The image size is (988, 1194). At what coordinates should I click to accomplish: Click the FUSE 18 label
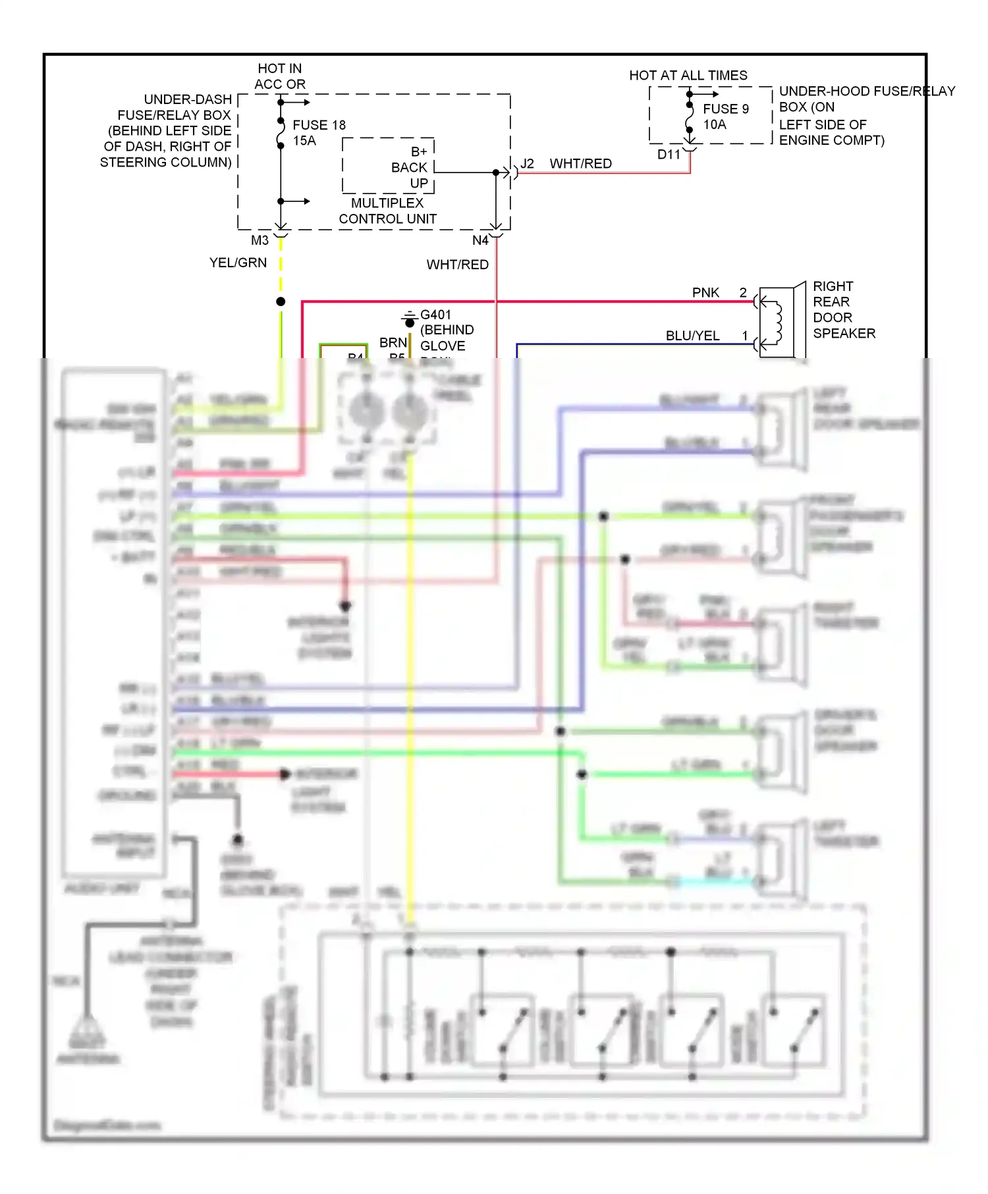point(319,125)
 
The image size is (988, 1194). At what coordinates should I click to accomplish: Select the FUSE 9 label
point(725,109)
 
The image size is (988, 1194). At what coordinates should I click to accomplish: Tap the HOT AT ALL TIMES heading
point(688,76)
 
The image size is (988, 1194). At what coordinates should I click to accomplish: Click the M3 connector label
point(260,240)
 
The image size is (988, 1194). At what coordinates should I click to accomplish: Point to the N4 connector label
point(480,241)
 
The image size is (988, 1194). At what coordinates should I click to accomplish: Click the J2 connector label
point(527,163)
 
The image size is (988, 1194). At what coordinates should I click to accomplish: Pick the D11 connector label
point(669,155)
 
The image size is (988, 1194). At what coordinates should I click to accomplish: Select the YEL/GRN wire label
point(238,263)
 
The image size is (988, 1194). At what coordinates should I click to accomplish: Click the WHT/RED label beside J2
point(580,163)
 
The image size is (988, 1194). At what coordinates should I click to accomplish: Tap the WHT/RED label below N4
point(457,265)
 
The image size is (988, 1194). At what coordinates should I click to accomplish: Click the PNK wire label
point(705,292)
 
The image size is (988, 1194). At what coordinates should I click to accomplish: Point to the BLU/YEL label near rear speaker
point(692,336)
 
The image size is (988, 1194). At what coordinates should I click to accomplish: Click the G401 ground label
point(435,315)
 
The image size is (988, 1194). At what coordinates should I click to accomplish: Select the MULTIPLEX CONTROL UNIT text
point(387,211)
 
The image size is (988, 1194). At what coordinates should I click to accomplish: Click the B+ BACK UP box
point(389,167)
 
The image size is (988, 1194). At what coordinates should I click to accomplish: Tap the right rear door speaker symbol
point(777,322)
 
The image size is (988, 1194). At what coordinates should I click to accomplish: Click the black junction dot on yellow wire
point(281,301)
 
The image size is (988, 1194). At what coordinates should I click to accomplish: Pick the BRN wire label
point(393,342)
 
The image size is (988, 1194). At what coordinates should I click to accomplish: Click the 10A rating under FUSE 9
point(714,124)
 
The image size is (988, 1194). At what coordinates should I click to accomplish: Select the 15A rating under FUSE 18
point(304,141)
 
